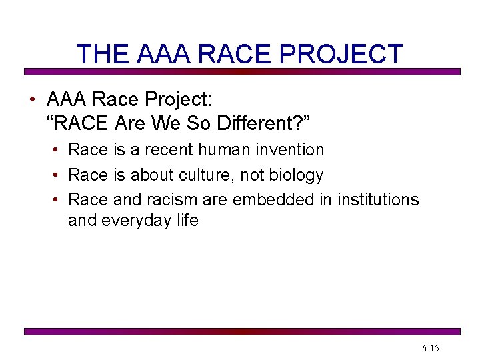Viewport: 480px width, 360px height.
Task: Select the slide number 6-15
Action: click(x=430, y=348)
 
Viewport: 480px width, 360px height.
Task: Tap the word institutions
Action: click(x=378, y=199)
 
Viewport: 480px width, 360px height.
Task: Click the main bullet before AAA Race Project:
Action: click(x=31, y=101)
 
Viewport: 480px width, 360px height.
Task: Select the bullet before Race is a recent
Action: click(x=59, y=151)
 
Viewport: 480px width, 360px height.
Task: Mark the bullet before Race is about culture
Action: click(x=59, y=176)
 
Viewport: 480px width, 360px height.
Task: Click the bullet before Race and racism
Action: click(x=59, y=200)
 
